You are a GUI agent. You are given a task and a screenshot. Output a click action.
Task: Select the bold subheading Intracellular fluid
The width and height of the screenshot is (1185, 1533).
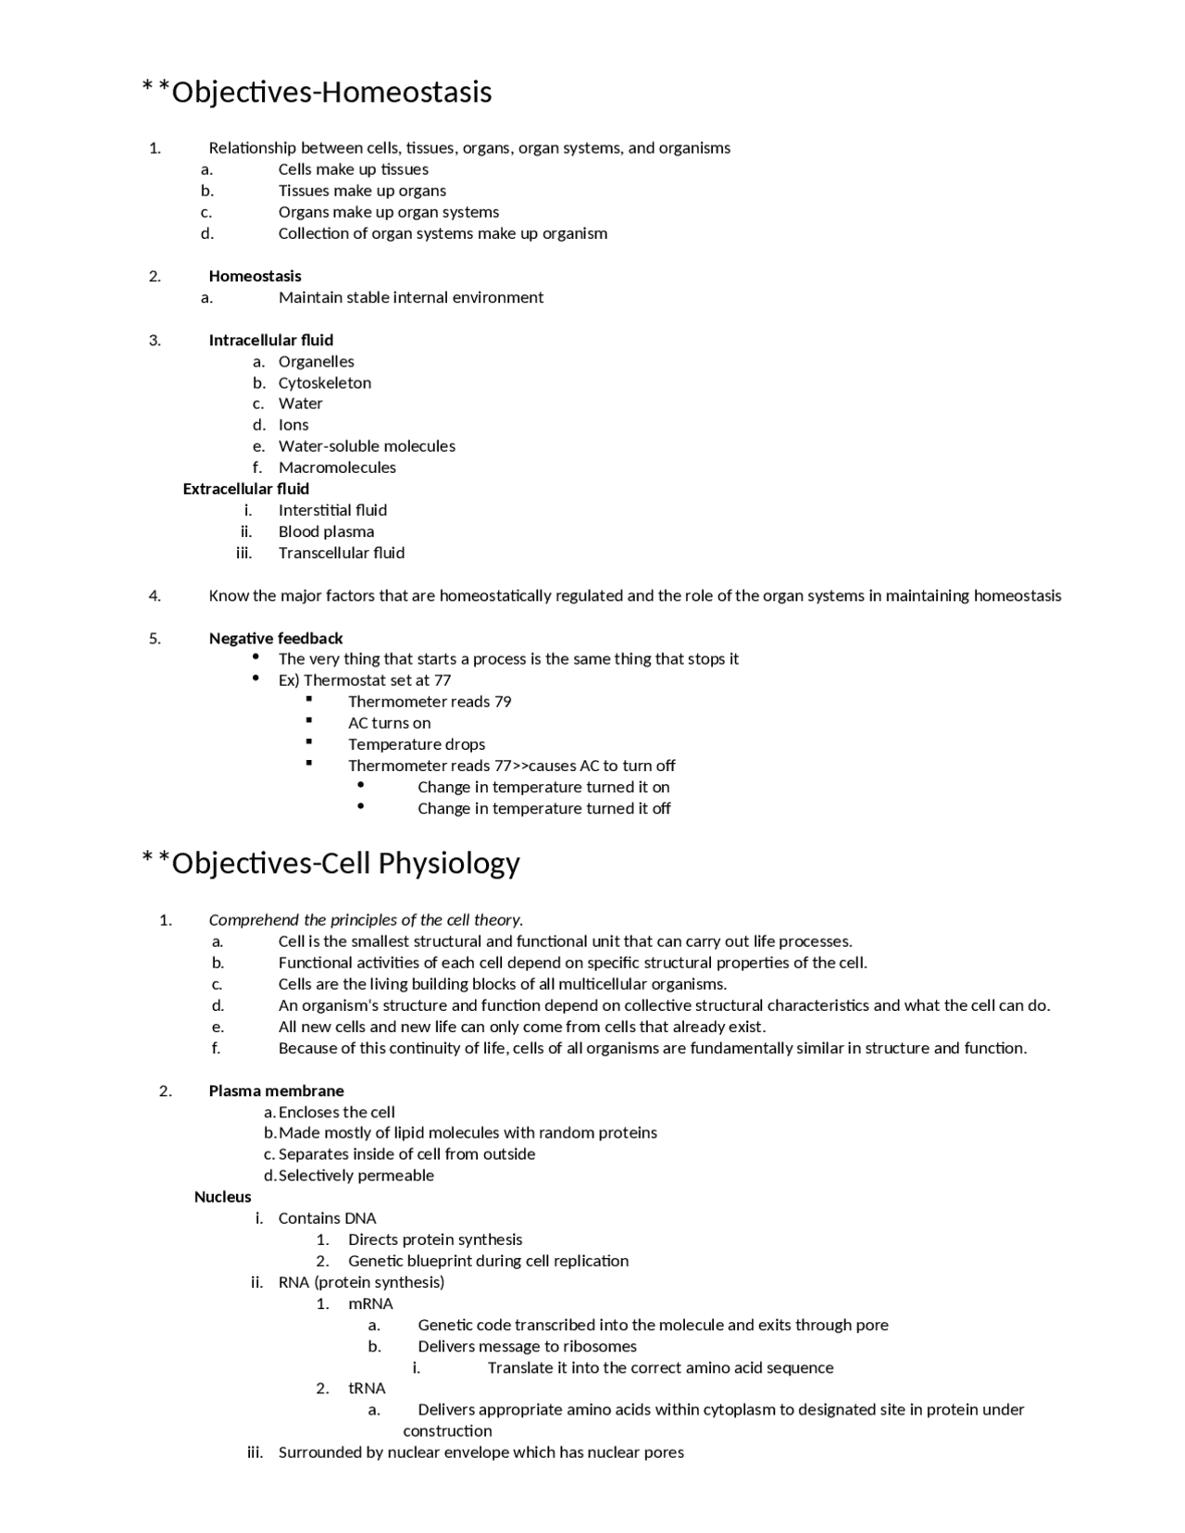coord(270,340)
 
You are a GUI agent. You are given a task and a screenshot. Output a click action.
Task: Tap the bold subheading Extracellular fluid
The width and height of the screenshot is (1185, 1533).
coord(245,489)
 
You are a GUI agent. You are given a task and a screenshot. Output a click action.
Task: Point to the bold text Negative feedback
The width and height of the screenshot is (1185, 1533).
coord(275,638)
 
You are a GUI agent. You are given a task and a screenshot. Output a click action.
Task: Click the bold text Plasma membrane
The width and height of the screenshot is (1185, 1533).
coord(276,1091)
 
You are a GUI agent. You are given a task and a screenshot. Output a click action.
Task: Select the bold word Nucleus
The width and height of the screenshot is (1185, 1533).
coord(222,1197)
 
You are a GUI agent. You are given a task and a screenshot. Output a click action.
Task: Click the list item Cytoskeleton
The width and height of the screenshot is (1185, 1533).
coord(324,382)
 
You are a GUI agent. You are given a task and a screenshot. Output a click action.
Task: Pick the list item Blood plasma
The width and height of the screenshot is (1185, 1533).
coord(326,531)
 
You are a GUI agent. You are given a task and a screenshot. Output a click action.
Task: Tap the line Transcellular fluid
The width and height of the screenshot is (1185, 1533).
coord(341,553)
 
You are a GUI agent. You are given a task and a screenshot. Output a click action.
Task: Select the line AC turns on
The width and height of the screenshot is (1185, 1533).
coord(389,723)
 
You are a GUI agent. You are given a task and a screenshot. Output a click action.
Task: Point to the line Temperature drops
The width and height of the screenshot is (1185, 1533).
coord(416,744)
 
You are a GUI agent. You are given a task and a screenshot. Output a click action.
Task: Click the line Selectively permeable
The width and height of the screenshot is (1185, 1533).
coord(355,1176)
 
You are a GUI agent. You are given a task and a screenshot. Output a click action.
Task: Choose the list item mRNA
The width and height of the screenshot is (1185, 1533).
coord(370,1303)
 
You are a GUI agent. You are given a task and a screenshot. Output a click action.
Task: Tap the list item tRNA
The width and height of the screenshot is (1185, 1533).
coord(367,1389)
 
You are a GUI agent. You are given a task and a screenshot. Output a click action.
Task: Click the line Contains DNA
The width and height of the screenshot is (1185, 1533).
coord(327,1218)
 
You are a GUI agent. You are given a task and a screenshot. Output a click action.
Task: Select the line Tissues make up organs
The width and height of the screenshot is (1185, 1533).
coord(362,191)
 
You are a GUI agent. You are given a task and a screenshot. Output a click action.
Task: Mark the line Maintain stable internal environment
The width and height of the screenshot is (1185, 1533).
coord(410,297)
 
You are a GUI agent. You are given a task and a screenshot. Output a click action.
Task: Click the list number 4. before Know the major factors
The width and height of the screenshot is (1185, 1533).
coord(155,595)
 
